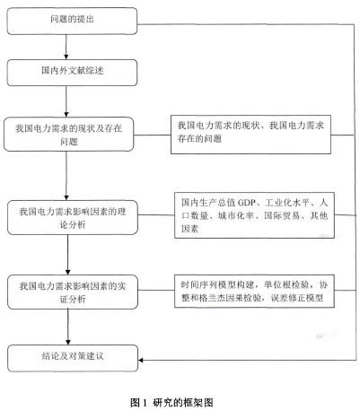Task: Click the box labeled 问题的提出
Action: coord(72,21)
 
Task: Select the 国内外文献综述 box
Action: coord(72,73)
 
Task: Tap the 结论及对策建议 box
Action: coord(73,358)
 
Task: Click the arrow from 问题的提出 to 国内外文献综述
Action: coord(66,47)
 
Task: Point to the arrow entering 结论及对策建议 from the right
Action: coord(247,360)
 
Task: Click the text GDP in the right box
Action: coord(246,203)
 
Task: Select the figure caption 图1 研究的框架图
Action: coord(171,403)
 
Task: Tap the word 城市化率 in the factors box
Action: coord(236,215)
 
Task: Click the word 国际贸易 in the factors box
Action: coord(282,215)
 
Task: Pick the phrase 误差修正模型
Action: coord(297,298)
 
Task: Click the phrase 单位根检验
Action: coord(286,284)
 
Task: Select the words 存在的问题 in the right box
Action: coord(199,138)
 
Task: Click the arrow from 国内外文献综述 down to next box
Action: coord(66,101)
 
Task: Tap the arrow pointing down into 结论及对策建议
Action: coord(68,327)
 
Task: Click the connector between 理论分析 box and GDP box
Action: coord(156,214)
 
